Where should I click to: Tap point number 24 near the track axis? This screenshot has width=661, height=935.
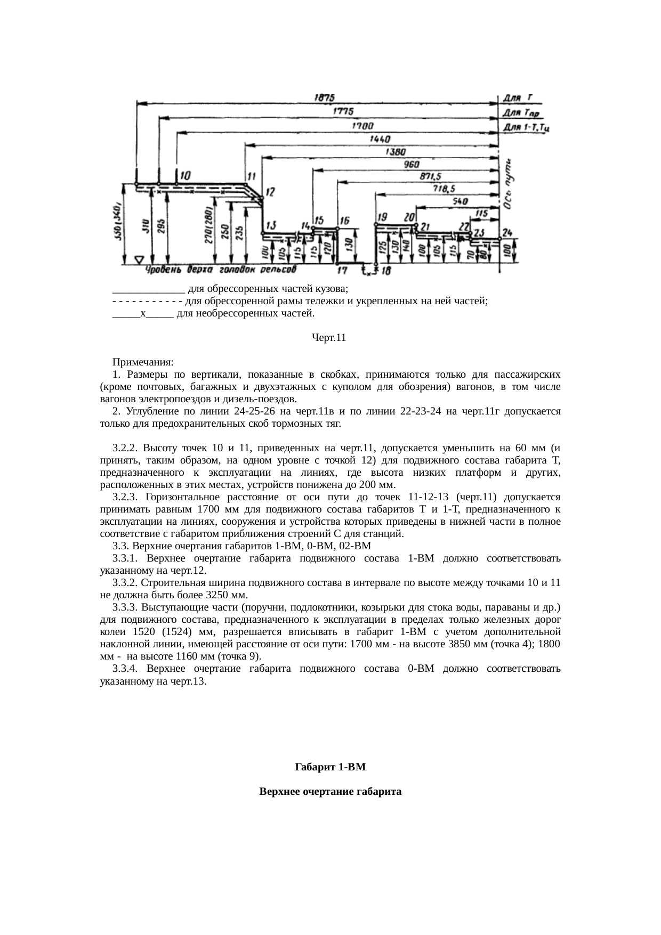click(x=506, y=233)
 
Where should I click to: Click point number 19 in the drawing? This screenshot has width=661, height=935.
click(x=382, y=217)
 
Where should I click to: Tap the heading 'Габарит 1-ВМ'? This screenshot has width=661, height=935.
click(x=330, y=768)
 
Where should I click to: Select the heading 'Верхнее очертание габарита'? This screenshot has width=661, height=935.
click(x=330, y=792)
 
